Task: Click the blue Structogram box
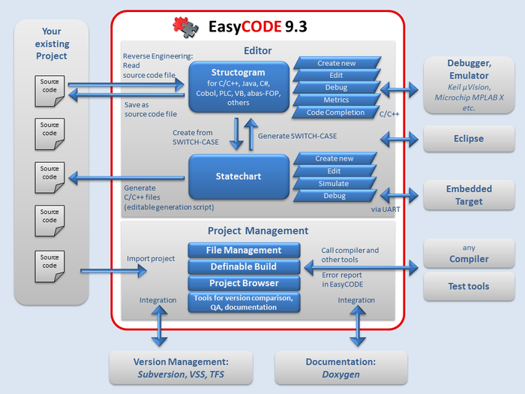pyautogui.click(x=238, y=88)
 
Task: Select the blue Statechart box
pyautogui.click(x=238, y=177)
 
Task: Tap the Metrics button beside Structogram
pyautogui.click(x=336, y=100)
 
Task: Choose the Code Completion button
pyautogui.click(x=335, y=113)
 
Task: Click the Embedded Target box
pyautogui.click(x=469, y=195)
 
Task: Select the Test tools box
pyautogui.click(x=469, y=286)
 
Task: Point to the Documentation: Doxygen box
pyautogui.click(x=340, y=368)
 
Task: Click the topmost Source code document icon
pyautogui.click(x=49, y=85)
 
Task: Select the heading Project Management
pyautogui.click(x=257, y=231)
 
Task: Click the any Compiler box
pyautogui.click(x=469, y=254)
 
